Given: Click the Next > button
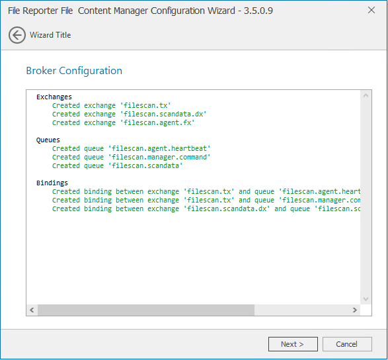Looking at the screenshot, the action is pyautogui.click(x=293, y=344).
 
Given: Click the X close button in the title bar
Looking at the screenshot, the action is pyautogui.click(x=371, y=10).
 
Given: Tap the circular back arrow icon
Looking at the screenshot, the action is pyautogui.click(x=17, y=35).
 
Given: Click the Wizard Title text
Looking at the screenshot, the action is pyautogui.click(x=50, y=35).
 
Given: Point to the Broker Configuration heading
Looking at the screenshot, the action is pyautogui.click(x=74, y=71).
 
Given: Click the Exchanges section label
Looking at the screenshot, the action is pyautogui.click(x=54, y=97).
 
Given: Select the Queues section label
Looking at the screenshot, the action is pyautogui.click(x=48, y=140).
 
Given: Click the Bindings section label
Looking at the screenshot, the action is pyautogui.click(x=52, y=183).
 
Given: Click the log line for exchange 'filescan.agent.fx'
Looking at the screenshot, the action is pyautogui.click(x=123, y=122).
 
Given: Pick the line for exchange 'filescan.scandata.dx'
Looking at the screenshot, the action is pyautogui.click(x=129, y=114).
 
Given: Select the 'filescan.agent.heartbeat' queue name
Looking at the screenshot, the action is pyautogui.click(x=159, y=148).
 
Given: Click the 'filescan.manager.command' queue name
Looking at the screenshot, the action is pyautogui.click(x=159, y=157).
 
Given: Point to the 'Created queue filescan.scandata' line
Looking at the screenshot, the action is pyautogui.click(x=117, y=165).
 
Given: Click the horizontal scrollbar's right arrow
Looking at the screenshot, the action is pyautogui.click(x=355, y=310).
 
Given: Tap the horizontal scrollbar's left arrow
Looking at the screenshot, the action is pyautogui.click(x=32, y=310).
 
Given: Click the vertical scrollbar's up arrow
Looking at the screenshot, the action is pyautogui.click(x=366, y=96).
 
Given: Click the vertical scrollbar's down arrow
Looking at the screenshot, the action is pyautogui.click(x=366, y=299).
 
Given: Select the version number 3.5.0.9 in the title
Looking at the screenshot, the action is pyautogui.click(x=258, y=11).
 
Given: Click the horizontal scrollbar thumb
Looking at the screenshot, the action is pyautogui.click(x=146, y=310).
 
